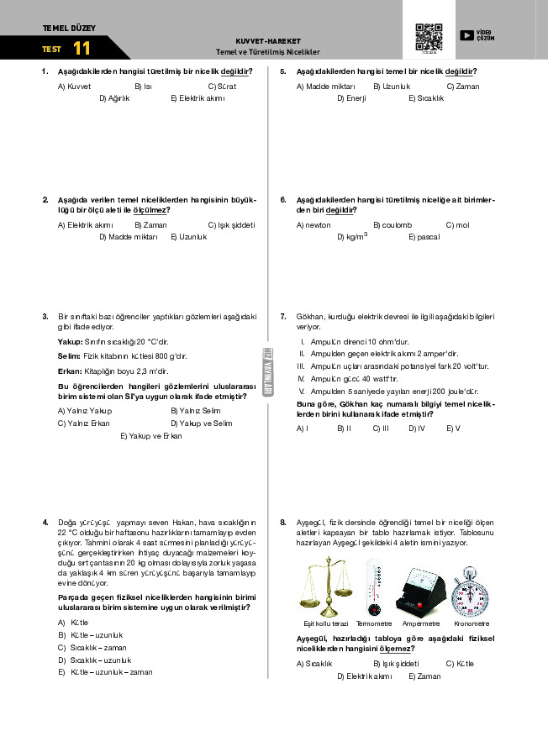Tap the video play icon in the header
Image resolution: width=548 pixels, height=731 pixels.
(466, 35)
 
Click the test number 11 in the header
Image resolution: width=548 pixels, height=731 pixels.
(82, 49)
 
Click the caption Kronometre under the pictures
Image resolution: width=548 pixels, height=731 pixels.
(471, 623)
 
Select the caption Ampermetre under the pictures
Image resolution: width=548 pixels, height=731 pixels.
(421, 623)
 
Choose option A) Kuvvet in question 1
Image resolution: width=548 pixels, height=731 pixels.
(74, 87)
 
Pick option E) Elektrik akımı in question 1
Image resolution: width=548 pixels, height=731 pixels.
(198, 98)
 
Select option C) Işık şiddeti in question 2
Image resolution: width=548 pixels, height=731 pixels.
(231, 225)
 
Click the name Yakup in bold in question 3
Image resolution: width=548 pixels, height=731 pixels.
(70, 342)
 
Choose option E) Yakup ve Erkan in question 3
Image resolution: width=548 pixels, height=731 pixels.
(151, 436)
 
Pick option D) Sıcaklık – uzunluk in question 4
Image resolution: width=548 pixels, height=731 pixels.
(94, 660)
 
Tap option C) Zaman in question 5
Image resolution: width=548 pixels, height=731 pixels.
(463, 87)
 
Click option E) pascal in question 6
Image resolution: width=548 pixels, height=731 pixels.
(424, 238)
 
